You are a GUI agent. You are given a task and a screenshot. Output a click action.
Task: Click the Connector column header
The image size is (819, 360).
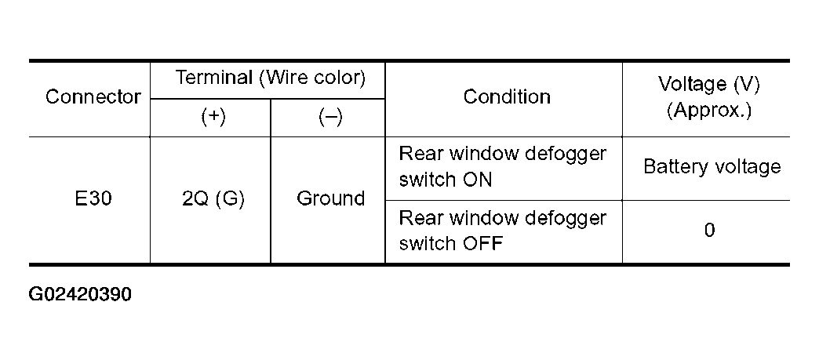[x=93, y=96]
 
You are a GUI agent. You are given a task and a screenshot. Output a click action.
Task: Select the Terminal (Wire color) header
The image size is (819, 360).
[x=270, y=78]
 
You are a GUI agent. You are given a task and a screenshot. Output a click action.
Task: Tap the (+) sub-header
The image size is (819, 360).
[x=213, y=118]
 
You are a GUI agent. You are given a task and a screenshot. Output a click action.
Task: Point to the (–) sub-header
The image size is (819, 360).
[x=330, y=118]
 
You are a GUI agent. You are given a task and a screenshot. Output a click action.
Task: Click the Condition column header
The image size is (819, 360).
[x=507, y=96]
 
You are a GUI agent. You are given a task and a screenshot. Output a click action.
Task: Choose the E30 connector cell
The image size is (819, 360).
[x=93, y=199]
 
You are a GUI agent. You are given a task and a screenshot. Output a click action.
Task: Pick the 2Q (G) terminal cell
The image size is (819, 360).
[x=213, y=199]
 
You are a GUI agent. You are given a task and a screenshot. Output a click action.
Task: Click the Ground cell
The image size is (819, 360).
[x=330, y=198]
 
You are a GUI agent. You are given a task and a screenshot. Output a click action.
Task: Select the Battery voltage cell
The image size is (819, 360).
[x=712, y=167]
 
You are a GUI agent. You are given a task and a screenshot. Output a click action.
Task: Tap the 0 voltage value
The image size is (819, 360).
[x=709, y=231]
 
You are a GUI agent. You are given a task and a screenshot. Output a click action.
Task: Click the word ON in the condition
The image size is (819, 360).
[x=477, y=180]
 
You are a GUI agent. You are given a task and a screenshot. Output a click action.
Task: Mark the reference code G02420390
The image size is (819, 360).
[x=80, y=295]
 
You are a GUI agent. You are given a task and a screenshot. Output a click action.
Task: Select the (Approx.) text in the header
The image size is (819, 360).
[x=709, y=111]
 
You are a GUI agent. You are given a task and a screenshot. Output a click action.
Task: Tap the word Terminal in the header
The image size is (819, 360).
[x=213, y=78]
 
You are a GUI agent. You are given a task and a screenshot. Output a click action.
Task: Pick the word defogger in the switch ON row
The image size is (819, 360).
[x=565, y=155]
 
